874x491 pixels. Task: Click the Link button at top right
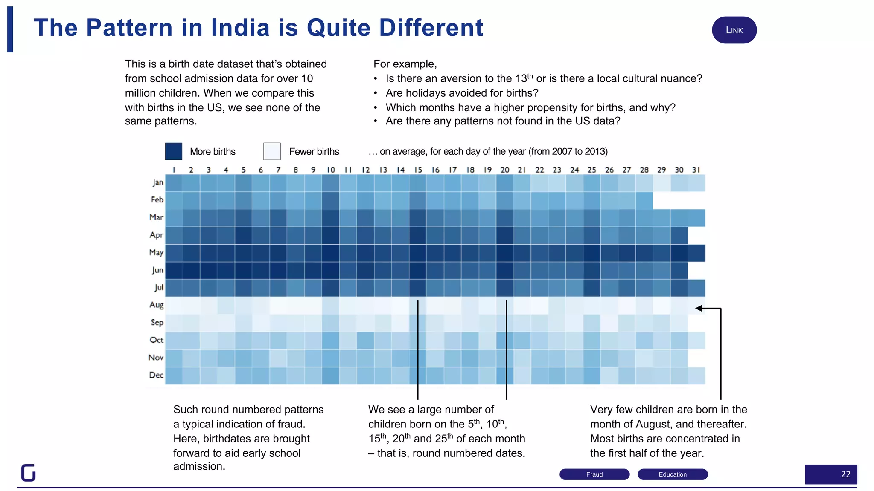734,30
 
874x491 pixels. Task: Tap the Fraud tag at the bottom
594,474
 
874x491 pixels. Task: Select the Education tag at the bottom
673,474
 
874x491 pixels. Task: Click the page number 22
845,474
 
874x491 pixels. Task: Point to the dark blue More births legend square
174,151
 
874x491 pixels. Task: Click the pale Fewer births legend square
272,151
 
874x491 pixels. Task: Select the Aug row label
156,305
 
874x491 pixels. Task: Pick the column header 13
383,170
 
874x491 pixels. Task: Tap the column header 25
591,170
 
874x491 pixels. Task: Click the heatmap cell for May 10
331,253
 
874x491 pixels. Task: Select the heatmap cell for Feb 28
644,200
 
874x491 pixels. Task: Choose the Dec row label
156,375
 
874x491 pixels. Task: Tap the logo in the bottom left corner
28,472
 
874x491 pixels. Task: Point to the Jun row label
157,270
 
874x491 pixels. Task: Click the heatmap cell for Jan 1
174,183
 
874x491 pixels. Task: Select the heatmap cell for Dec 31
696,375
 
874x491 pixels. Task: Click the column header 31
696,170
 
